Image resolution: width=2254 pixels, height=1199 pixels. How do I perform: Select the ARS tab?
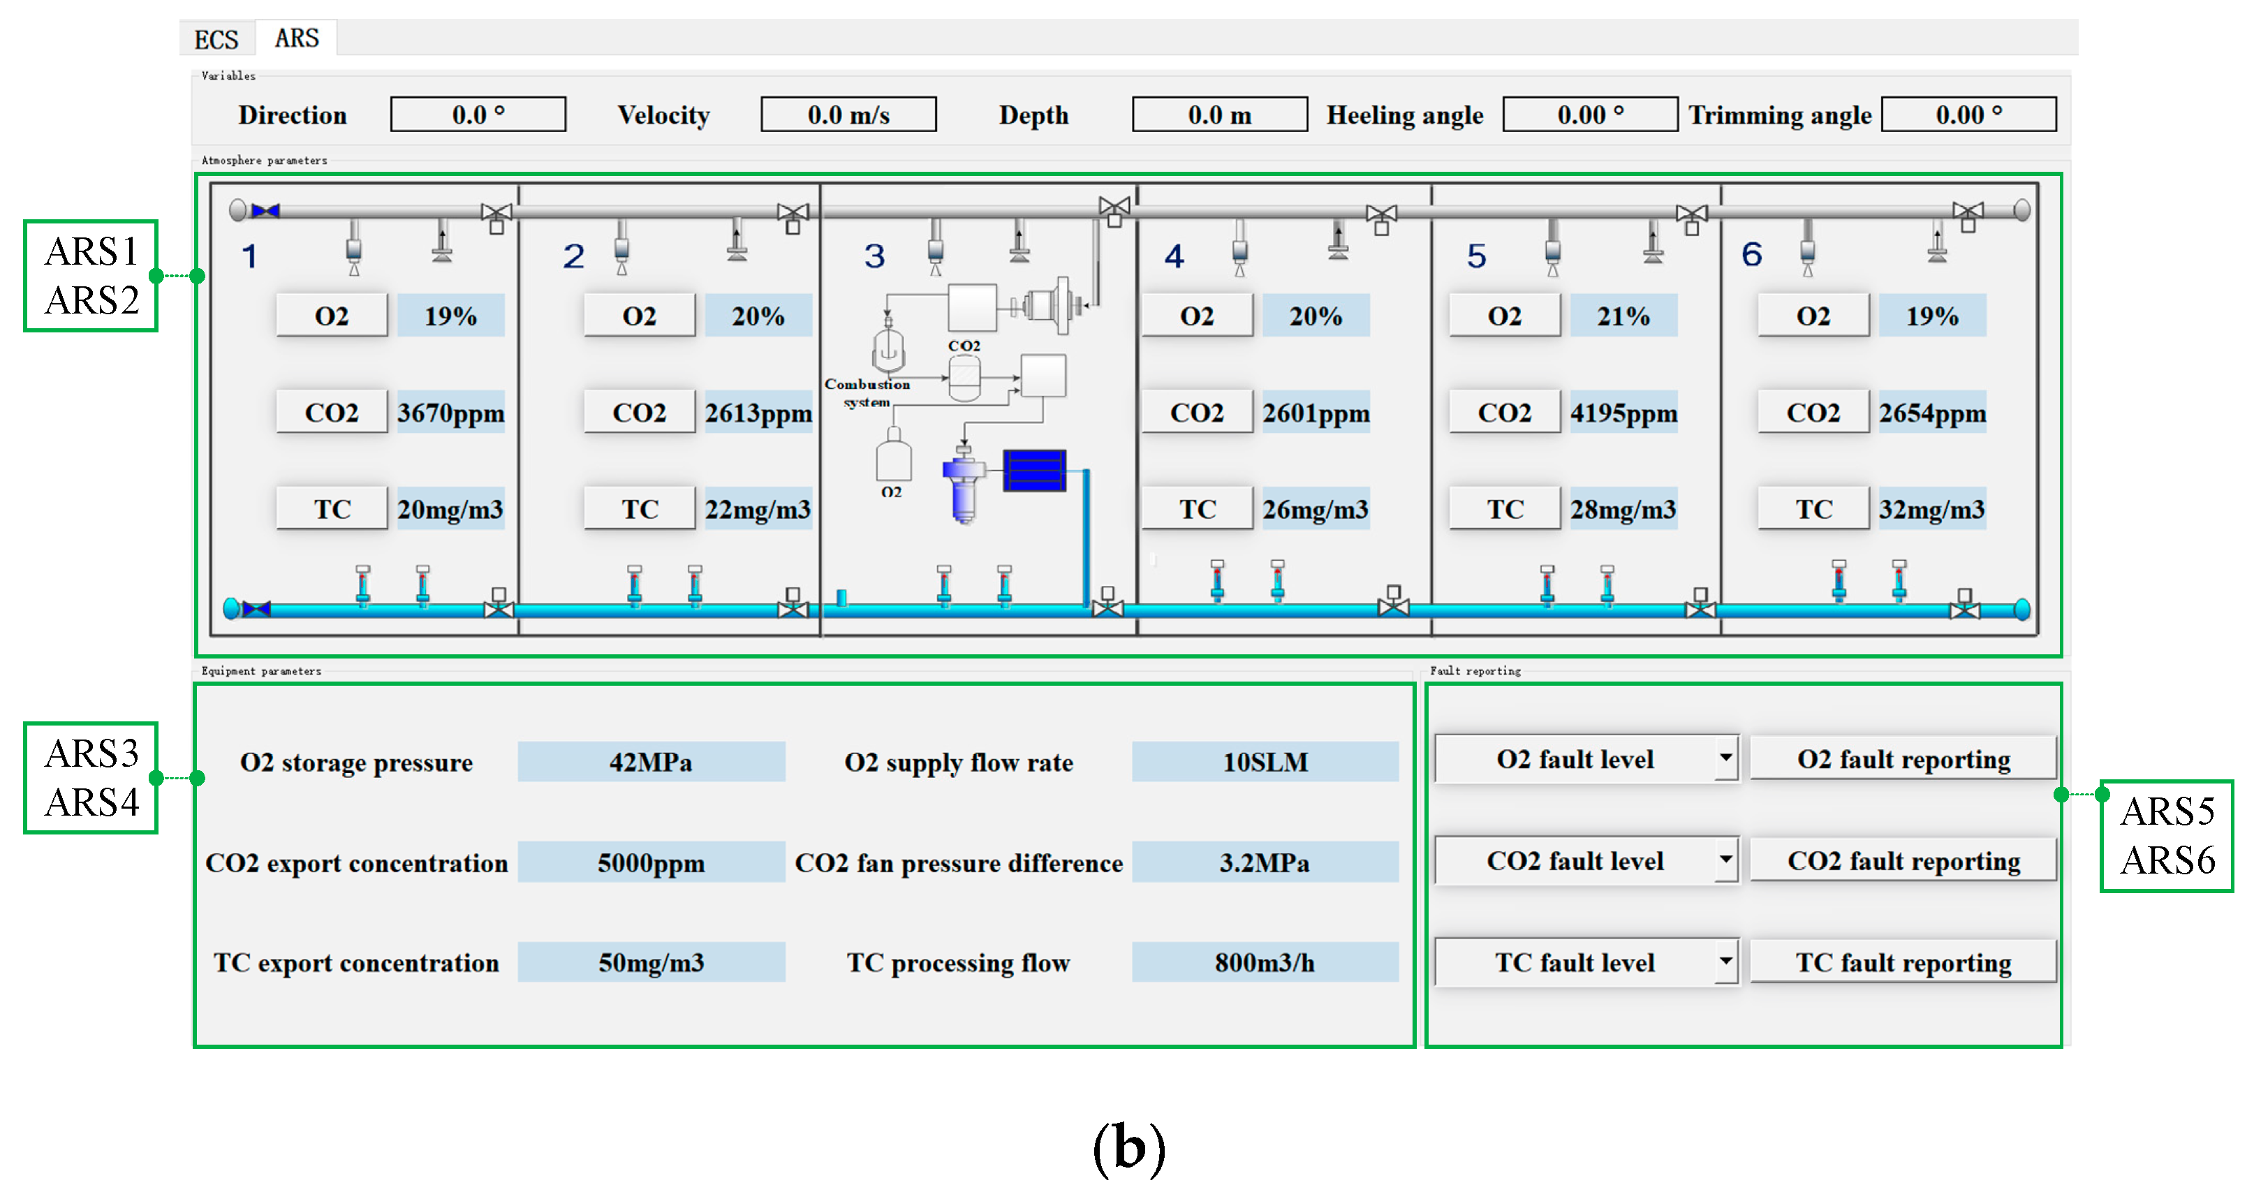(297, 38)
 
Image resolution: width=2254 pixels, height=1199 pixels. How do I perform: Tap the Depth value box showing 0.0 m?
(1219, 115)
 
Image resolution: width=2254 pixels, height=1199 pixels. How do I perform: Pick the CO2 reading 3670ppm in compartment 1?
(450, 412)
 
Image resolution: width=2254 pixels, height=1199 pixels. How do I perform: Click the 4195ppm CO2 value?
(1623, 412)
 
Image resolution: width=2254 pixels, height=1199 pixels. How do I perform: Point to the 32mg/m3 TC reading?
(1931, 509)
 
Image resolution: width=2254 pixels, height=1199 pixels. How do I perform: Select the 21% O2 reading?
(1623, 316)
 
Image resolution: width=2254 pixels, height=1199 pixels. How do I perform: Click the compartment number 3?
(874, 256)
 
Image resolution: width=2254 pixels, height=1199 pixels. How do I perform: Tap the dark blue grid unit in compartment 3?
(1034, 470)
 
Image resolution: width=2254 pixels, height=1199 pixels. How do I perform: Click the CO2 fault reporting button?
(1903, 861)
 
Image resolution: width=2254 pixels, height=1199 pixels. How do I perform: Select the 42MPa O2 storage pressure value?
(651, 763)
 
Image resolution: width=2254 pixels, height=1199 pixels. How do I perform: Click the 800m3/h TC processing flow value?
(1265, 963)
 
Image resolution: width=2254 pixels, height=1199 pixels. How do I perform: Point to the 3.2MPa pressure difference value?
(1265, 863)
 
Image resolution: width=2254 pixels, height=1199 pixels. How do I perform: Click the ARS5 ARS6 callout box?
(2167, 836)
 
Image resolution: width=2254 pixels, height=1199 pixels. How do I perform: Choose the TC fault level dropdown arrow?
(1725, 961)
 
